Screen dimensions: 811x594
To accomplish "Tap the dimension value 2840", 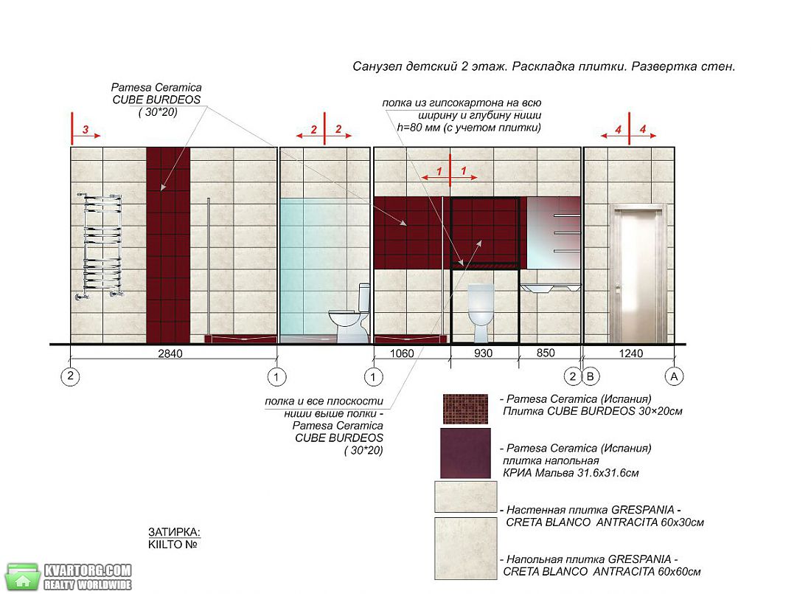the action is (x=170, y=353).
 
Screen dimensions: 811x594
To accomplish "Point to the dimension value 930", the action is (x=483, y=353).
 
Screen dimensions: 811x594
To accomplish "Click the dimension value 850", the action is (x=546, y=353).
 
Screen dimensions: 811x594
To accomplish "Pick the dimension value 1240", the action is (x=631, y=353).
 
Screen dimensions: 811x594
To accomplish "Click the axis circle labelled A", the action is (x=674, y=376).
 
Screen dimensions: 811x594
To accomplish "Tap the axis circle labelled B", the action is (x=590, y=376).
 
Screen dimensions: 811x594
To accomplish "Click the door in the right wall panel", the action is (x=638, y=274).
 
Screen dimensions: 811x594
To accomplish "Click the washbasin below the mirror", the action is (x=550, y=288).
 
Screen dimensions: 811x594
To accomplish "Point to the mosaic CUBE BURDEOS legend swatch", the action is (x=465, y=409).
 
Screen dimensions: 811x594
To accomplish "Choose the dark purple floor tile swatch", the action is (x=465, y=453).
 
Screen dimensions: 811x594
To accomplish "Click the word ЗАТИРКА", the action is (x=174, y=532).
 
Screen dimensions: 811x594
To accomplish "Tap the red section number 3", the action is (x=86, y=129).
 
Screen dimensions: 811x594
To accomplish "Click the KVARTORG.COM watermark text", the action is (x=88, y=570).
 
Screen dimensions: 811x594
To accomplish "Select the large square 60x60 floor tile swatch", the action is (x=465, y=548).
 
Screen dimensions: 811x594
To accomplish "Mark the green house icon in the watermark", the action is (x=22, y=577).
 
